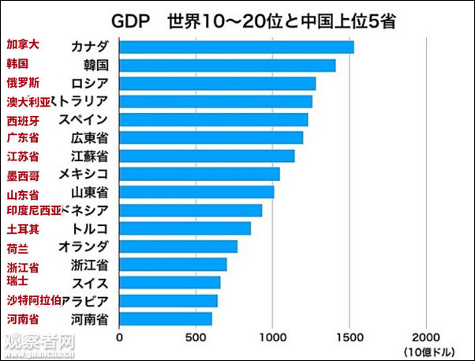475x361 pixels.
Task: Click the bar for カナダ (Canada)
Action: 237,47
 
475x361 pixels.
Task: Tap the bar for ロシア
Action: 218,83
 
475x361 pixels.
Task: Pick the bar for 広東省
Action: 211,137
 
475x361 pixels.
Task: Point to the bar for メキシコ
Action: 200,174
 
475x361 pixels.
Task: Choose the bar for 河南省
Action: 166,318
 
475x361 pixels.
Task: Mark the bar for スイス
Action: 170,282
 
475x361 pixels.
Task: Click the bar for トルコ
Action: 185,228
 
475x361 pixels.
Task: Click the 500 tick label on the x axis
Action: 196,337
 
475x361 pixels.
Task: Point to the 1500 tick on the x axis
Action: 350,337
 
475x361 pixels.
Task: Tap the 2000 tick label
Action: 427,337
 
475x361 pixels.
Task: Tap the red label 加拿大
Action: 23,45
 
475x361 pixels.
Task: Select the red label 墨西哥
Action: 23,175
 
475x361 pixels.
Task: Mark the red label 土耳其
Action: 23,229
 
